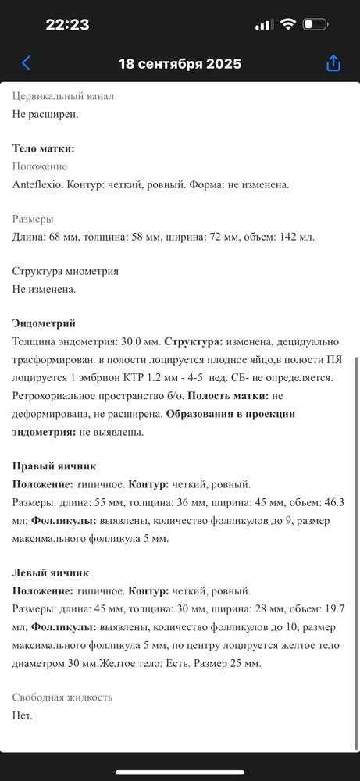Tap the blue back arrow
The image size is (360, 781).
27,63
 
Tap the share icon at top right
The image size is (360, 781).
333,63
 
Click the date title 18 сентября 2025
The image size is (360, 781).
180,64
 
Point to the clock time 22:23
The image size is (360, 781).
67,24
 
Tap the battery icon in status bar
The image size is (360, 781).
315,24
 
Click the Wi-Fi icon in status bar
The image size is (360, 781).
288,24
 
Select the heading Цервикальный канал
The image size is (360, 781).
63,96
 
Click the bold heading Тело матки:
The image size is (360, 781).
44,148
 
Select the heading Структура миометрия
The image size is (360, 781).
66,271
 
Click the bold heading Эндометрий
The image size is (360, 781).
44,323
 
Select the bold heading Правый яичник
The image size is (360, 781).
55,465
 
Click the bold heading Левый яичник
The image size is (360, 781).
51,572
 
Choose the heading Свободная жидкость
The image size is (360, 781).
62,697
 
